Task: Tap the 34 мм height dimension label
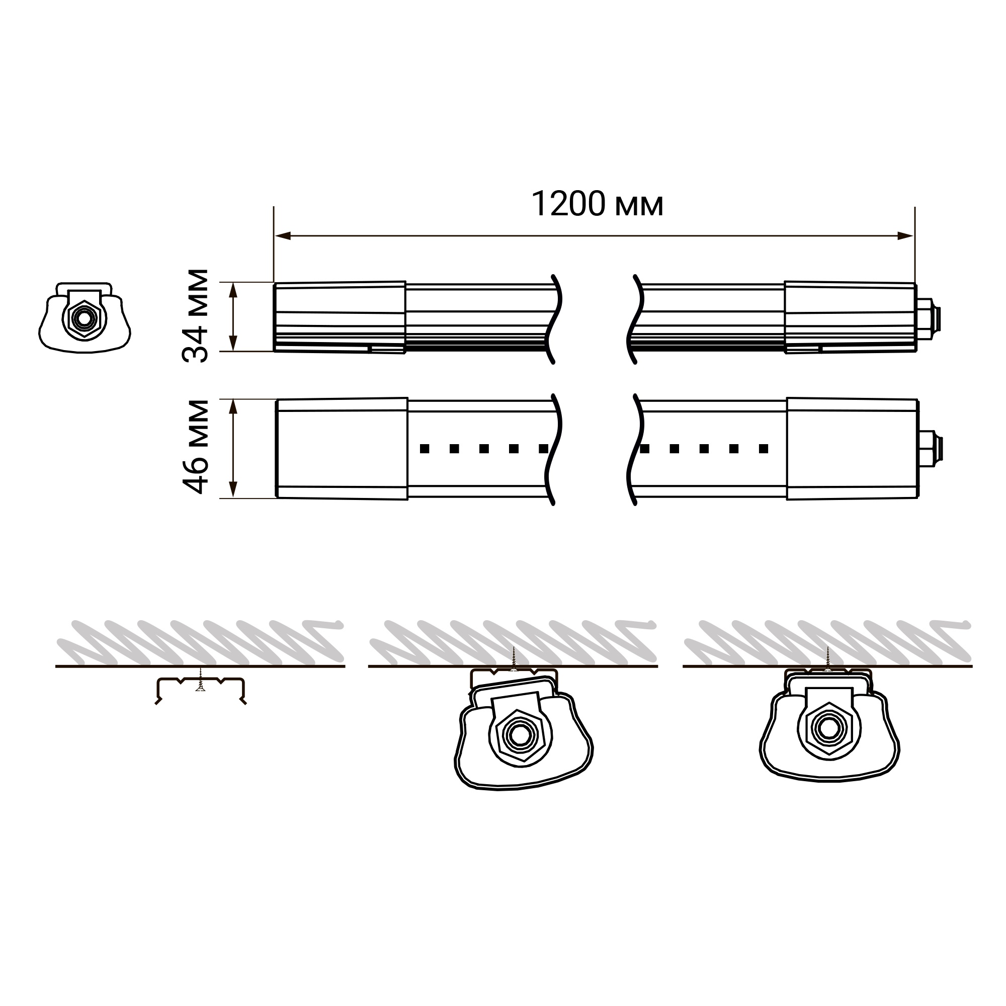pos(195,315)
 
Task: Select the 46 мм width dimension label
pos(195,447)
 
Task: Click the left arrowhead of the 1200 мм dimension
pos(283,236)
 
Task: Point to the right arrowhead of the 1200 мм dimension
pos(905,236)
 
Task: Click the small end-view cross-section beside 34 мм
pos(85,317)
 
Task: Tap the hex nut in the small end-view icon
pos(83,316)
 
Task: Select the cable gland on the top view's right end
pos(930,449)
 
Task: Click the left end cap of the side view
pos(340,317)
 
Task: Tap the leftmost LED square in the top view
pos(425,448)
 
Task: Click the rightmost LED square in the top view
pos(764,448)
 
